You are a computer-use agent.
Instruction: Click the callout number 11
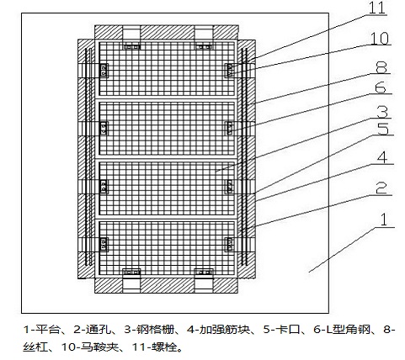(377, 8)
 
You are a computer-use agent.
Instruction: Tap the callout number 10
(380, 39)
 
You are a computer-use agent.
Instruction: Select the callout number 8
(381, 67)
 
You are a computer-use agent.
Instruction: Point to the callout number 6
(381, 87)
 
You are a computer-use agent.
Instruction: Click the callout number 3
(382, 112)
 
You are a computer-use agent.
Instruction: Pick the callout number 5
(383, 129)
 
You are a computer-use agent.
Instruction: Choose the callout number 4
(382, 157)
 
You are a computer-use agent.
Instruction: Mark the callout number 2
(381, 188)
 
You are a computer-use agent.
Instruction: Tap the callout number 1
(384, 220)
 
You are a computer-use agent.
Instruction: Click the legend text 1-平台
(42, 329)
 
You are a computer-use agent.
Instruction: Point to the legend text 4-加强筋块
(218, 329)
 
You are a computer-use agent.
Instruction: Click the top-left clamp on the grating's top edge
(131, 46)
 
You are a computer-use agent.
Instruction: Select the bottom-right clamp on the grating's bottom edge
(204, 273)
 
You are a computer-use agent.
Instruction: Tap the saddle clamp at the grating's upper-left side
(104, 70)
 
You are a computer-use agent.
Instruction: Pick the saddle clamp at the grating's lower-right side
(230, 245)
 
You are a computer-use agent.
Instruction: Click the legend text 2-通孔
(92, 329)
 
